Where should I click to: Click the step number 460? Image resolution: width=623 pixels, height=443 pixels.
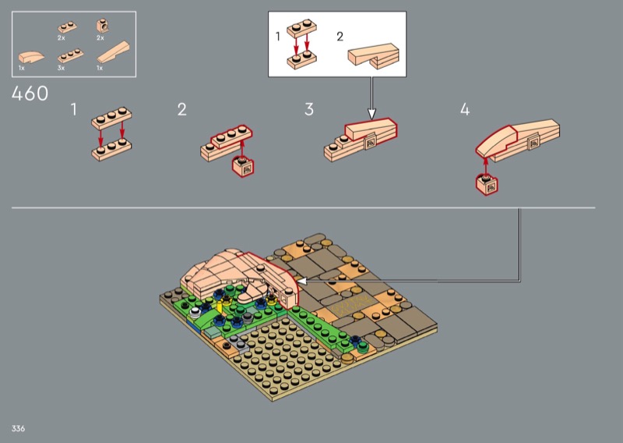point(30,94)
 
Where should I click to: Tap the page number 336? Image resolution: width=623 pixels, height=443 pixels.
point(18,428)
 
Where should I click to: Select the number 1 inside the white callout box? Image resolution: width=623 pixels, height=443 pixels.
point(278,37)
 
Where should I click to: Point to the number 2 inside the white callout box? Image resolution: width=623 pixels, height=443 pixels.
point(340,37)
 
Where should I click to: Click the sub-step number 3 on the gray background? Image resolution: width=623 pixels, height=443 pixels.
point(309,109)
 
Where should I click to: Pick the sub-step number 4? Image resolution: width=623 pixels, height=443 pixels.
point(465,109)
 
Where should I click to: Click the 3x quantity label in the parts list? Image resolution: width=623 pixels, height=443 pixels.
point(61,68)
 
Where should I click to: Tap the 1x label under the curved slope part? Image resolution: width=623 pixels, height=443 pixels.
point(22,68)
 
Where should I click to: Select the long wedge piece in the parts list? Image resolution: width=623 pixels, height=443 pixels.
point(113,52)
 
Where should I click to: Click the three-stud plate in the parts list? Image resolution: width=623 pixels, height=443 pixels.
point(70,56)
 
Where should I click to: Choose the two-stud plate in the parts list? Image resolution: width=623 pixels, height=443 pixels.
point(67,27)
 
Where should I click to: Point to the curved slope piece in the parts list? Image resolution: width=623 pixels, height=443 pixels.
point(31,57)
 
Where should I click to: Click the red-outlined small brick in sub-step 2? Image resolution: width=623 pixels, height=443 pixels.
point(243,166)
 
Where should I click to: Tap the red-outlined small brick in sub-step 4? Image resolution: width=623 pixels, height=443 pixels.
point(487,185)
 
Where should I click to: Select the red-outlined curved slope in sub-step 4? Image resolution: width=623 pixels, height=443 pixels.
point(496,141)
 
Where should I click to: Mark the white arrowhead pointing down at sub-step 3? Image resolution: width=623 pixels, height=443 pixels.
point(371,114)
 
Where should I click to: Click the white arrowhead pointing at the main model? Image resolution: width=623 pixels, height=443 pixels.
point(302,281)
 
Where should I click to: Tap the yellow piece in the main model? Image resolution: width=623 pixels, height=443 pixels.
point(220,307)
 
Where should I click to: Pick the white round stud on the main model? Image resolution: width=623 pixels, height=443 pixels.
point(195,312)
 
